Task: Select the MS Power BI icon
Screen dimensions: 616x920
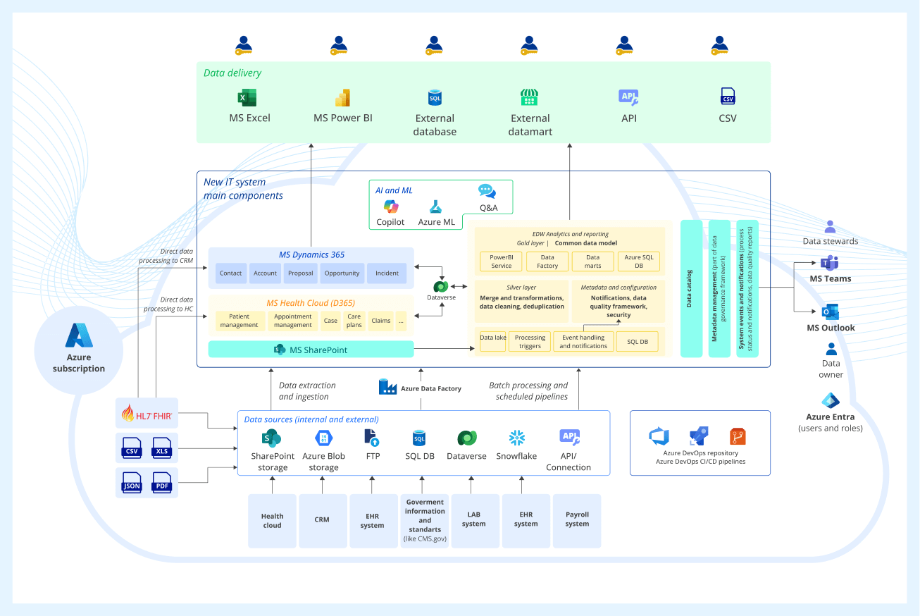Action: [x=342, y=98]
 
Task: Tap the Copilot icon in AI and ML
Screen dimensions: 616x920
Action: [x=390, y=207]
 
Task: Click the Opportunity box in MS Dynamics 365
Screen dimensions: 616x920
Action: [x=342, y=273]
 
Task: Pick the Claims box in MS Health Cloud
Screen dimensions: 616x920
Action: [x=381, y=321]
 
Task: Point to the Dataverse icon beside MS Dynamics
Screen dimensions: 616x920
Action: [x=442, y=286]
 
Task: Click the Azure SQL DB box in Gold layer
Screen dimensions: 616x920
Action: [x=639, y=261]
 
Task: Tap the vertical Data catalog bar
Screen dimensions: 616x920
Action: [x=691, y=288]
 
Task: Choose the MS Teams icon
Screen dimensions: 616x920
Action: [x=829, y=264]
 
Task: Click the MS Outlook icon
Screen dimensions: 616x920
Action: [x=831, y=312]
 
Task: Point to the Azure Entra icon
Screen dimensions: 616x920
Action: [x=831, y=401]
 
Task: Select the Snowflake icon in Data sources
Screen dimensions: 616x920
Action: [x=516, y=438]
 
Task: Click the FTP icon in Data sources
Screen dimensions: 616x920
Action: [x=372, y=438]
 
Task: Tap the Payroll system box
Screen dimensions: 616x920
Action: [x=577, y=520]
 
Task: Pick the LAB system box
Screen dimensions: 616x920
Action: [x=474, y=520]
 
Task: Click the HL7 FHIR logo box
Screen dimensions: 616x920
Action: [x=147, y=414]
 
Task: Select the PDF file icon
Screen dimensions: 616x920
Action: [x=162, y=483]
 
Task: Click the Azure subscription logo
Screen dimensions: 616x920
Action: [x=79, y=336]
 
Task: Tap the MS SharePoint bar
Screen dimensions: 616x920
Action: [x=311, y=350]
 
